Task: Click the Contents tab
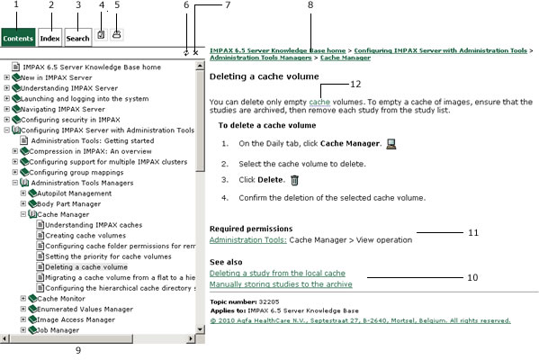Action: [19, 38]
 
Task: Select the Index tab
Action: [50, 38]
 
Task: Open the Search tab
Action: [78, 38]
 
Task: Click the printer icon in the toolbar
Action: [117, 35]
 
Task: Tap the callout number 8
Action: [310, 5]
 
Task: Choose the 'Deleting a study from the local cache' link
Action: [276, 273]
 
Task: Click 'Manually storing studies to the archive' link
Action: [280, 284]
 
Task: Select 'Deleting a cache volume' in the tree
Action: [86, 267]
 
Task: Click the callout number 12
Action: [355, 84]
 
